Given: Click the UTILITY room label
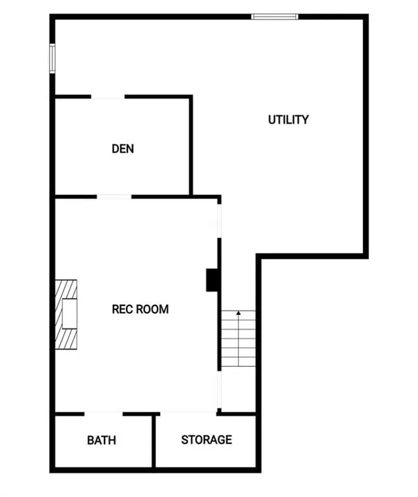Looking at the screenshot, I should (288, 120).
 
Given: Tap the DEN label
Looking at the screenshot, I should (123, 148).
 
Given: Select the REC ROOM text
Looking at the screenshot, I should (140, 309).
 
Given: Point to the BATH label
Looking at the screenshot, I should (102, 439).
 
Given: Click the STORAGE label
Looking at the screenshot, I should (206, 439).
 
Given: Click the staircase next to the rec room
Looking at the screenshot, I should (238, 339).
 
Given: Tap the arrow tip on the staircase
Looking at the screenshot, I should (238, 313).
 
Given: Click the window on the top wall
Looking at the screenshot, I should (275, 16).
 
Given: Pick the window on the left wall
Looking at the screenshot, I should (52, 58).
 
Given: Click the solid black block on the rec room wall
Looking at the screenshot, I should (212, 280).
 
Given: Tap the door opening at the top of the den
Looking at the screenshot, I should (108, 97).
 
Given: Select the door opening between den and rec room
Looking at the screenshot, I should (114, 196).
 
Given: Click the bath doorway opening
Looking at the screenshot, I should (103, 413).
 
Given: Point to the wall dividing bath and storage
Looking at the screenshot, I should (155, 441).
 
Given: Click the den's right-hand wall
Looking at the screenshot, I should (191, 145).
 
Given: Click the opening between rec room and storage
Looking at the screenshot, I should (189, 413).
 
